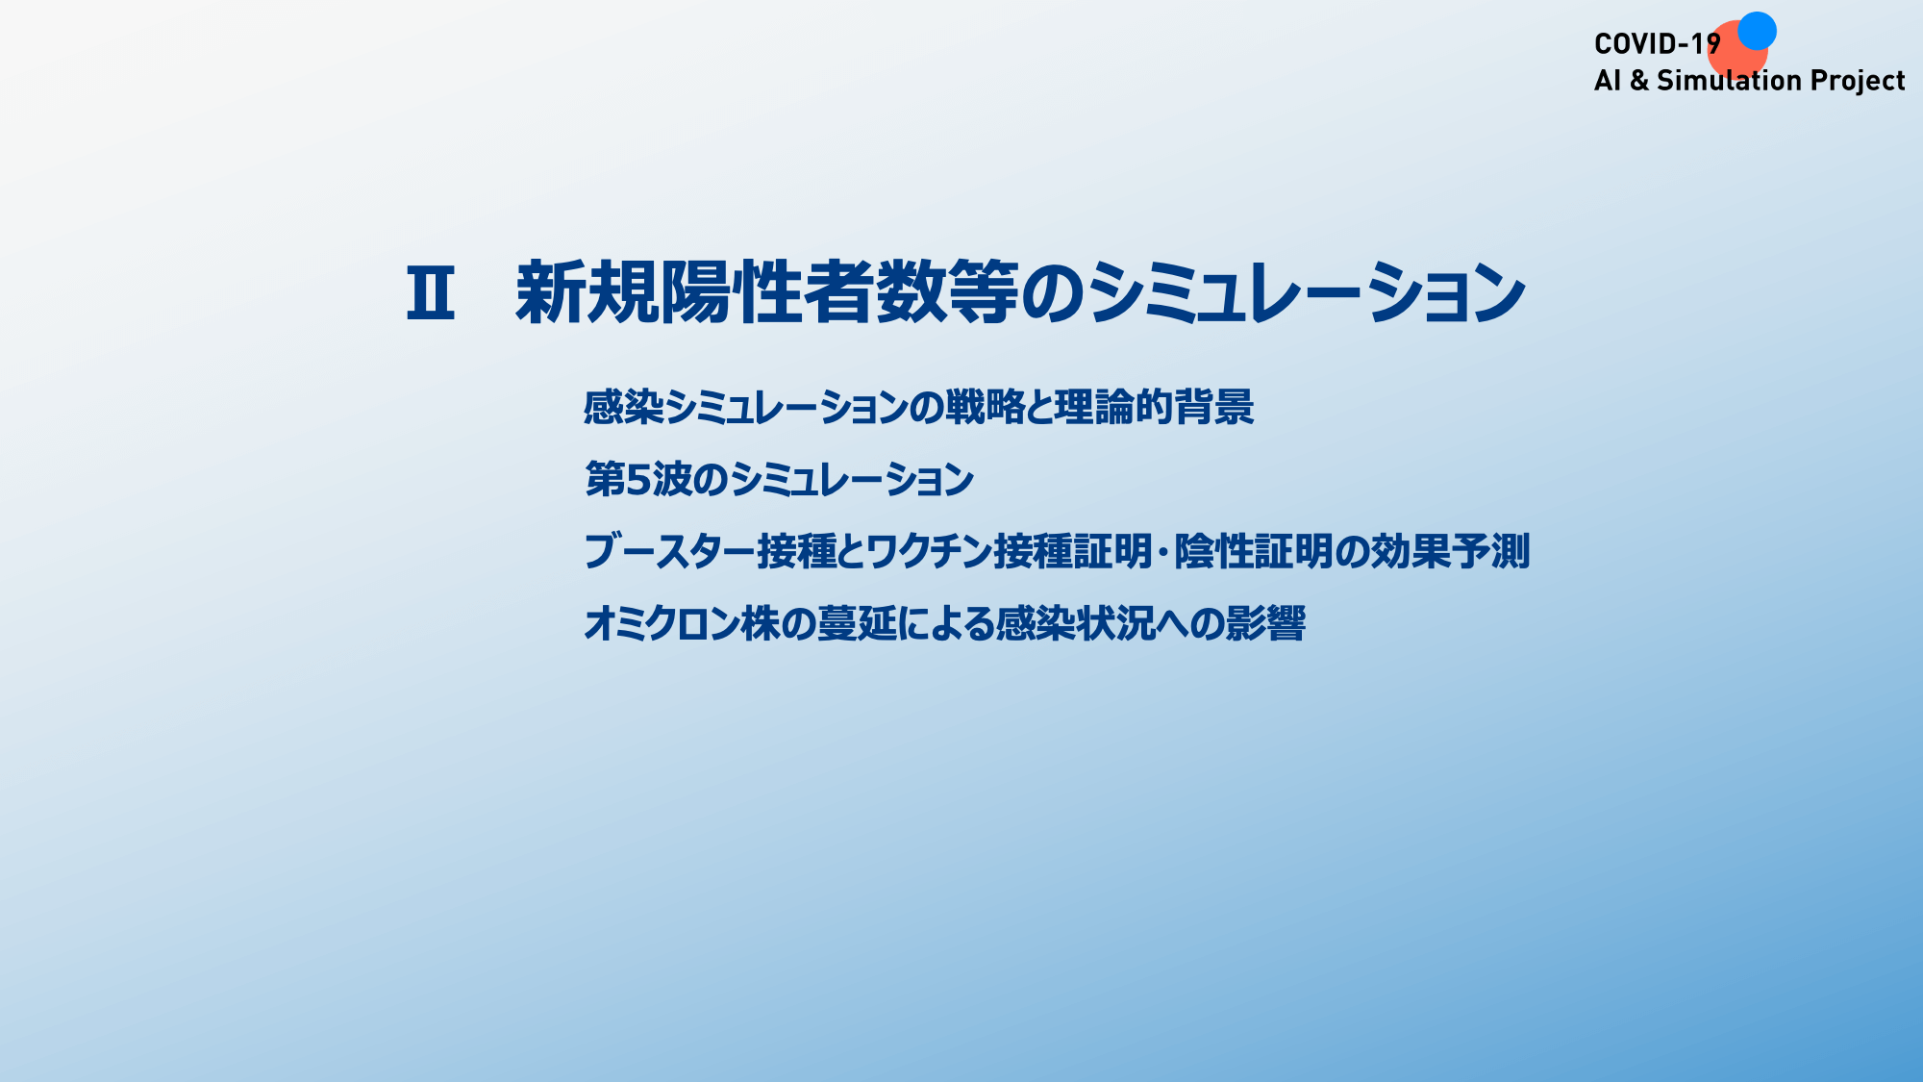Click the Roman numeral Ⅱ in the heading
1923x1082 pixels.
click(430, 293)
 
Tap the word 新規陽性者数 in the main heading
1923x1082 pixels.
click(731, 292)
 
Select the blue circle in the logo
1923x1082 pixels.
click(1757, 31)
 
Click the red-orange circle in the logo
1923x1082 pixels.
click(1736, 53)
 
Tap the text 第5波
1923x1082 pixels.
click(638, 479)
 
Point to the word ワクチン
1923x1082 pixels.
click(930, 551)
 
